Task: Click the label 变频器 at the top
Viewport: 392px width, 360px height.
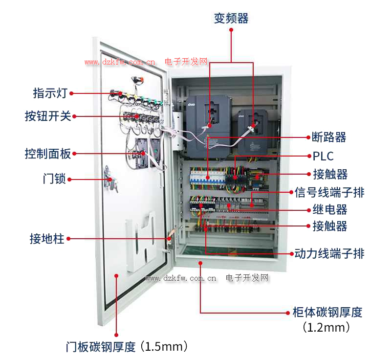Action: pyautogui.click(x=231, y=18)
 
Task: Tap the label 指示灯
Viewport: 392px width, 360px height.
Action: pyautogui.click(x=50, y=93)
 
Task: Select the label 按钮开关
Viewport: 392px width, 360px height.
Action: pyautogui.click(x=48, y=116)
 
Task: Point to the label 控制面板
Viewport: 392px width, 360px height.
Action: pyautogui.click(x=48, y=154)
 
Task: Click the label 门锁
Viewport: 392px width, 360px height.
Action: pyautogui.click(x=54, y=179)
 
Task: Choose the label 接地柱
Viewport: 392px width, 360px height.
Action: pyautogui.click(x=47, y=238)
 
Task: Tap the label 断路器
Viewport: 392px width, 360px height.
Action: pyautogui.click(x=329, y=137)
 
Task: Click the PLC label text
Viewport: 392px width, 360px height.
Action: pyautogui.click(x=323, y=156)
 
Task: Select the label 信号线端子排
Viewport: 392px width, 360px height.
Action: pyautogui.click(x=329, y=192)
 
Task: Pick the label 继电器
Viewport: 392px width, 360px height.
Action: pyautogui.click(x=330, y=209)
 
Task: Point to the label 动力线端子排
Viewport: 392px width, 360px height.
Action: pyautogui.click(x=329, y=253)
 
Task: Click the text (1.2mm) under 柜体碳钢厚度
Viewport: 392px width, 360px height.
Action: pyautogui.click(x=326, y=327)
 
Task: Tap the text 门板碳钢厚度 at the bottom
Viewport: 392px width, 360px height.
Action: pyautogui.click(x=101, y=347)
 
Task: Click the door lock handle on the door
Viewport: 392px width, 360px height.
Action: pyautogui.click(x=110, y=180)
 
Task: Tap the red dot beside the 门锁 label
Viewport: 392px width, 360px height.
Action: pyautogui.click(x=69, y=180)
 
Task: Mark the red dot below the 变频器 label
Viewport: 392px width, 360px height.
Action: pyautogui.click(x=231, y=30)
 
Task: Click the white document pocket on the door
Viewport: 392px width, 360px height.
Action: pyautogui.click(x=141, y=242)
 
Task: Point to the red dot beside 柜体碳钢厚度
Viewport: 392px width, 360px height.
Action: pyautogui.click(x=288, y=313)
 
